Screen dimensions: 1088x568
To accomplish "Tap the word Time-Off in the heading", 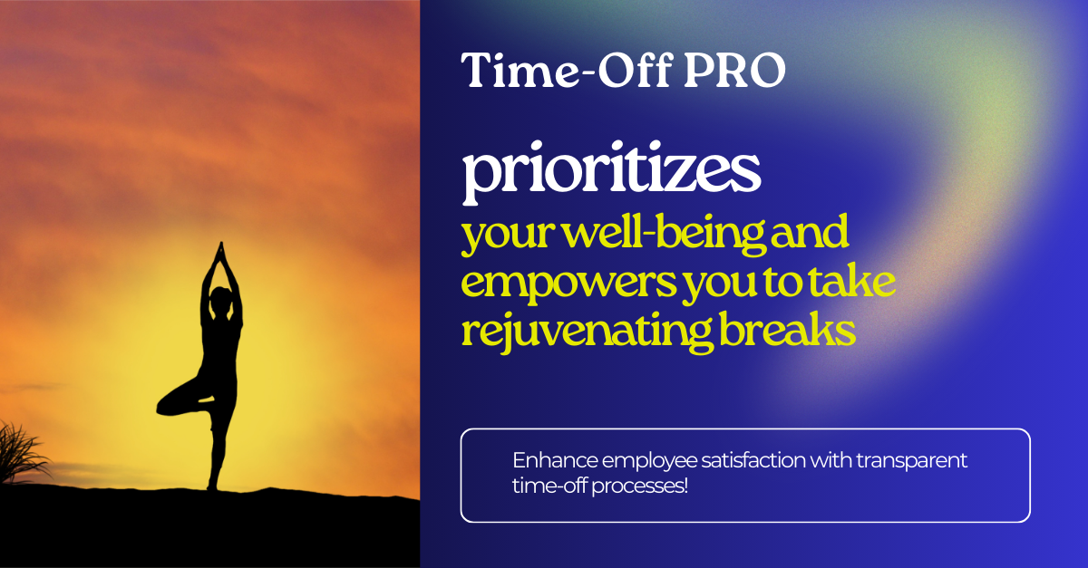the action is tap(568, 70).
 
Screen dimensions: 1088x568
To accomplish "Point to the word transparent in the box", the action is tap(912, 461).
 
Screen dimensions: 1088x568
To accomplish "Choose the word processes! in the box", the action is tap(640, 486).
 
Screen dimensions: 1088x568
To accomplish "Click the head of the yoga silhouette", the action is tap(221, 300).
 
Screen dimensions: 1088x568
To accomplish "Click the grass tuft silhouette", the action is tap(20, 454).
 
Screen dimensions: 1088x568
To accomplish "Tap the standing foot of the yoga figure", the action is tap(212, 485).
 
